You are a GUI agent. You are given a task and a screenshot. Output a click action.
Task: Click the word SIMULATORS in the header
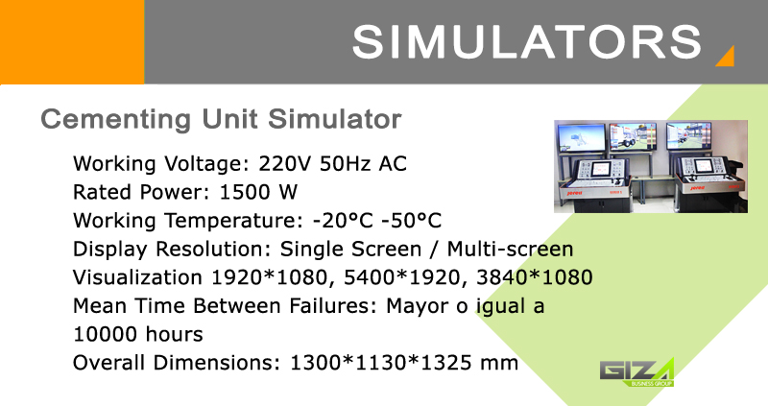pos(527,42)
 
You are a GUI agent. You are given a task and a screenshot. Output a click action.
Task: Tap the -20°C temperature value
pos(343,221)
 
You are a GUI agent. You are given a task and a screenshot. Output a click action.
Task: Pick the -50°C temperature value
pos(411,221)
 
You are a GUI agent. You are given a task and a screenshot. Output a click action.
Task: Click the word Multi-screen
pos(510,249)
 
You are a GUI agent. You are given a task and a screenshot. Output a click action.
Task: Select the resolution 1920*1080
pos(269,277)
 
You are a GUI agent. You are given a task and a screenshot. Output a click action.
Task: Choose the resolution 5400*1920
pos(402,277)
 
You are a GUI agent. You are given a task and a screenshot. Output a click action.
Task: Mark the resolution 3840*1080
pos(535,277)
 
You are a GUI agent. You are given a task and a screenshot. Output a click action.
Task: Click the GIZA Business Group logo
pos(637,372)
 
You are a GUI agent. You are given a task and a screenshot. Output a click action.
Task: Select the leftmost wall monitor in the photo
pos(582,137)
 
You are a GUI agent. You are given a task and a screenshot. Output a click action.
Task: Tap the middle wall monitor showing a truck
pos(633,136)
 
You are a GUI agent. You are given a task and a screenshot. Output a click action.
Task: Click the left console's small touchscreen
pos(601,169)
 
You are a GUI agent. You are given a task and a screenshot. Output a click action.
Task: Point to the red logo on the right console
pos(697,187)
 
